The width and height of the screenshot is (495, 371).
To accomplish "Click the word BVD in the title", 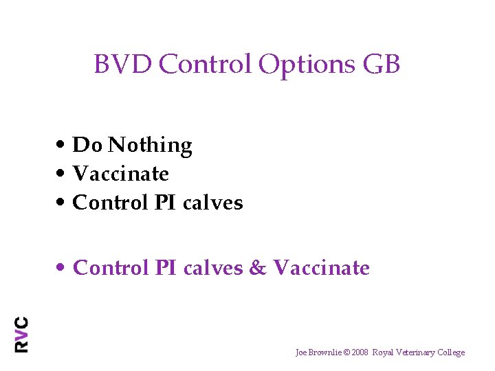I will tap(123, 65).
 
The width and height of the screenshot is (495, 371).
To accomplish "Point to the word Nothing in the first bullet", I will tap(150, 146).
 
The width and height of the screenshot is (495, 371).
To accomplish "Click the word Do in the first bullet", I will tap(87, 146).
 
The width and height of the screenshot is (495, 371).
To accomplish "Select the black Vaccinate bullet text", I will tap(120, 174).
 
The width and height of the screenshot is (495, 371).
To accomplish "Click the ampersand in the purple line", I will tap(258, 268).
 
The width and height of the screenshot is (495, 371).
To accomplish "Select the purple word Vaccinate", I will tap(321, 268).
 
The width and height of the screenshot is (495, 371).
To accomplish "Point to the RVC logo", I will tap(21, 334).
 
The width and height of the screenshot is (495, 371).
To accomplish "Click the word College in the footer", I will tap(450, 352).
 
